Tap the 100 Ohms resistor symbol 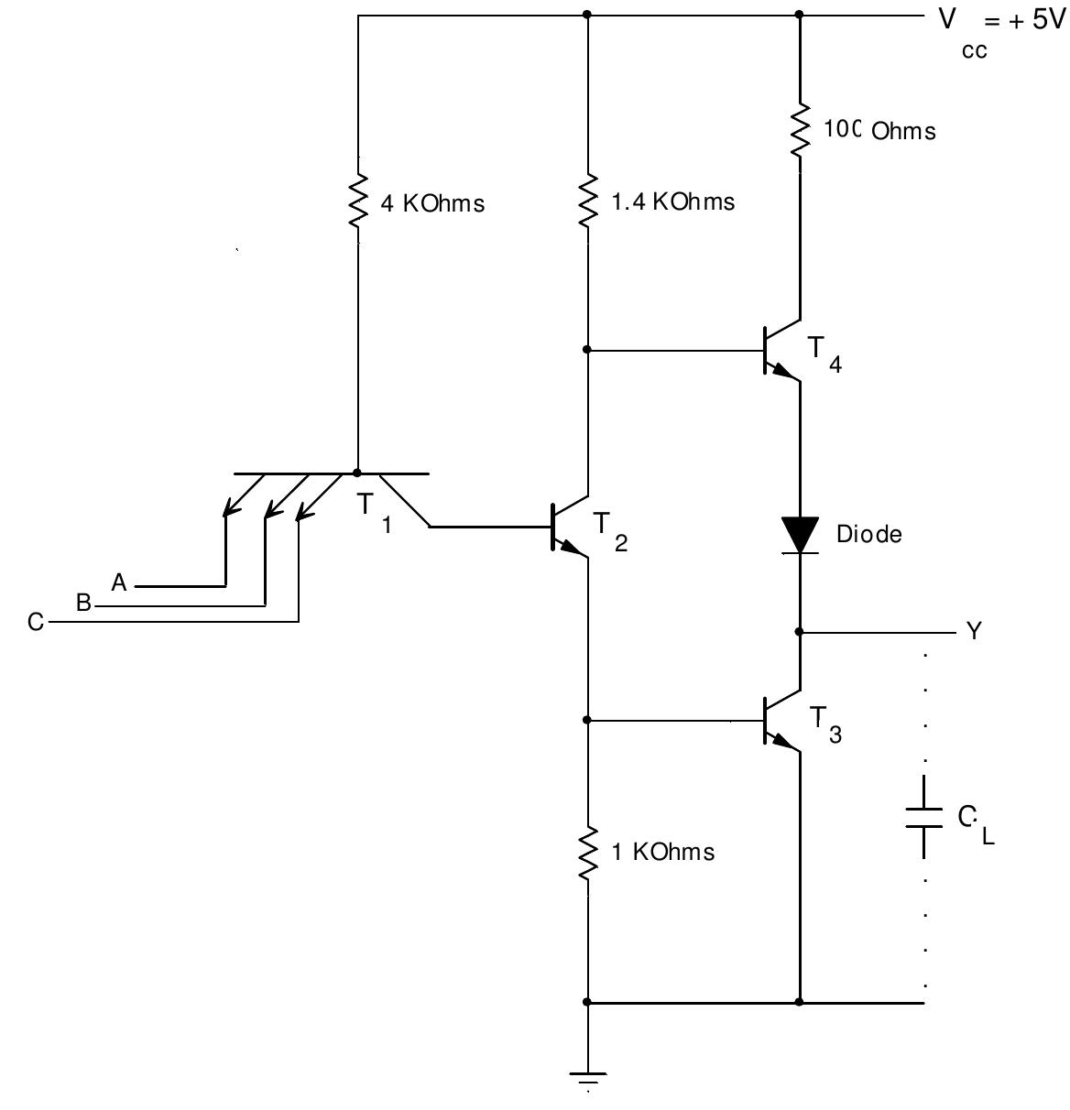point(800,131)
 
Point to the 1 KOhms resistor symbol point(587,853)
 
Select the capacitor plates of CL point(923,817)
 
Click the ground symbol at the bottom point(587,1078)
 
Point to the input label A point(119,582)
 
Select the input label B point(83,604)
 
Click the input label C point(36,623)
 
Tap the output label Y point(974,631)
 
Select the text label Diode point(868,534)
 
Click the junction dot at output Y point(800,632)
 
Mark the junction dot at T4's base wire point(587,350)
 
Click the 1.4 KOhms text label point(672,202)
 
